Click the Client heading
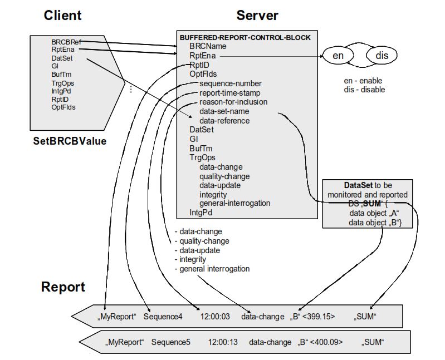coord(62,16)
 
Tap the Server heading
coord(257,16)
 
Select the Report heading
coord(63,287)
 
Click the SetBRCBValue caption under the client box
coord(70,141)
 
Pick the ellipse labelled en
coord(338,56)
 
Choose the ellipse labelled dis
coord(382,56)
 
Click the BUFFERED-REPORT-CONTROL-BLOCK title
coord(245,37)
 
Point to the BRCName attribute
coord(208,47)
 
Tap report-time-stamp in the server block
coord(229,93)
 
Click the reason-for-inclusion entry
coord(233,102)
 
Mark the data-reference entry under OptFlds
coord(224,121)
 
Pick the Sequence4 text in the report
coord(162,317)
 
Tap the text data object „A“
coord(368,213)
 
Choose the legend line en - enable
coord(363,81)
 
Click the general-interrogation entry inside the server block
coord(234,203)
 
